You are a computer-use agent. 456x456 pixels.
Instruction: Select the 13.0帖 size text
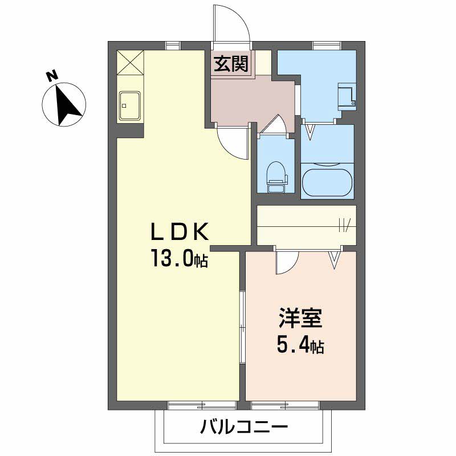[x=178, y=259]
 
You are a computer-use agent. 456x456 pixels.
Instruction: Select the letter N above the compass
[x=52, y=74]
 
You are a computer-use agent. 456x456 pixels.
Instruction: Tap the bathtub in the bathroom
[x=327, y=180]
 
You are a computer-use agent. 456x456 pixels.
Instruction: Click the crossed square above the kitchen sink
[x=131, y=63]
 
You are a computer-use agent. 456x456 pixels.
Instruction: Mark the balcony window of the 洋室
[x=286, y=405]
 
